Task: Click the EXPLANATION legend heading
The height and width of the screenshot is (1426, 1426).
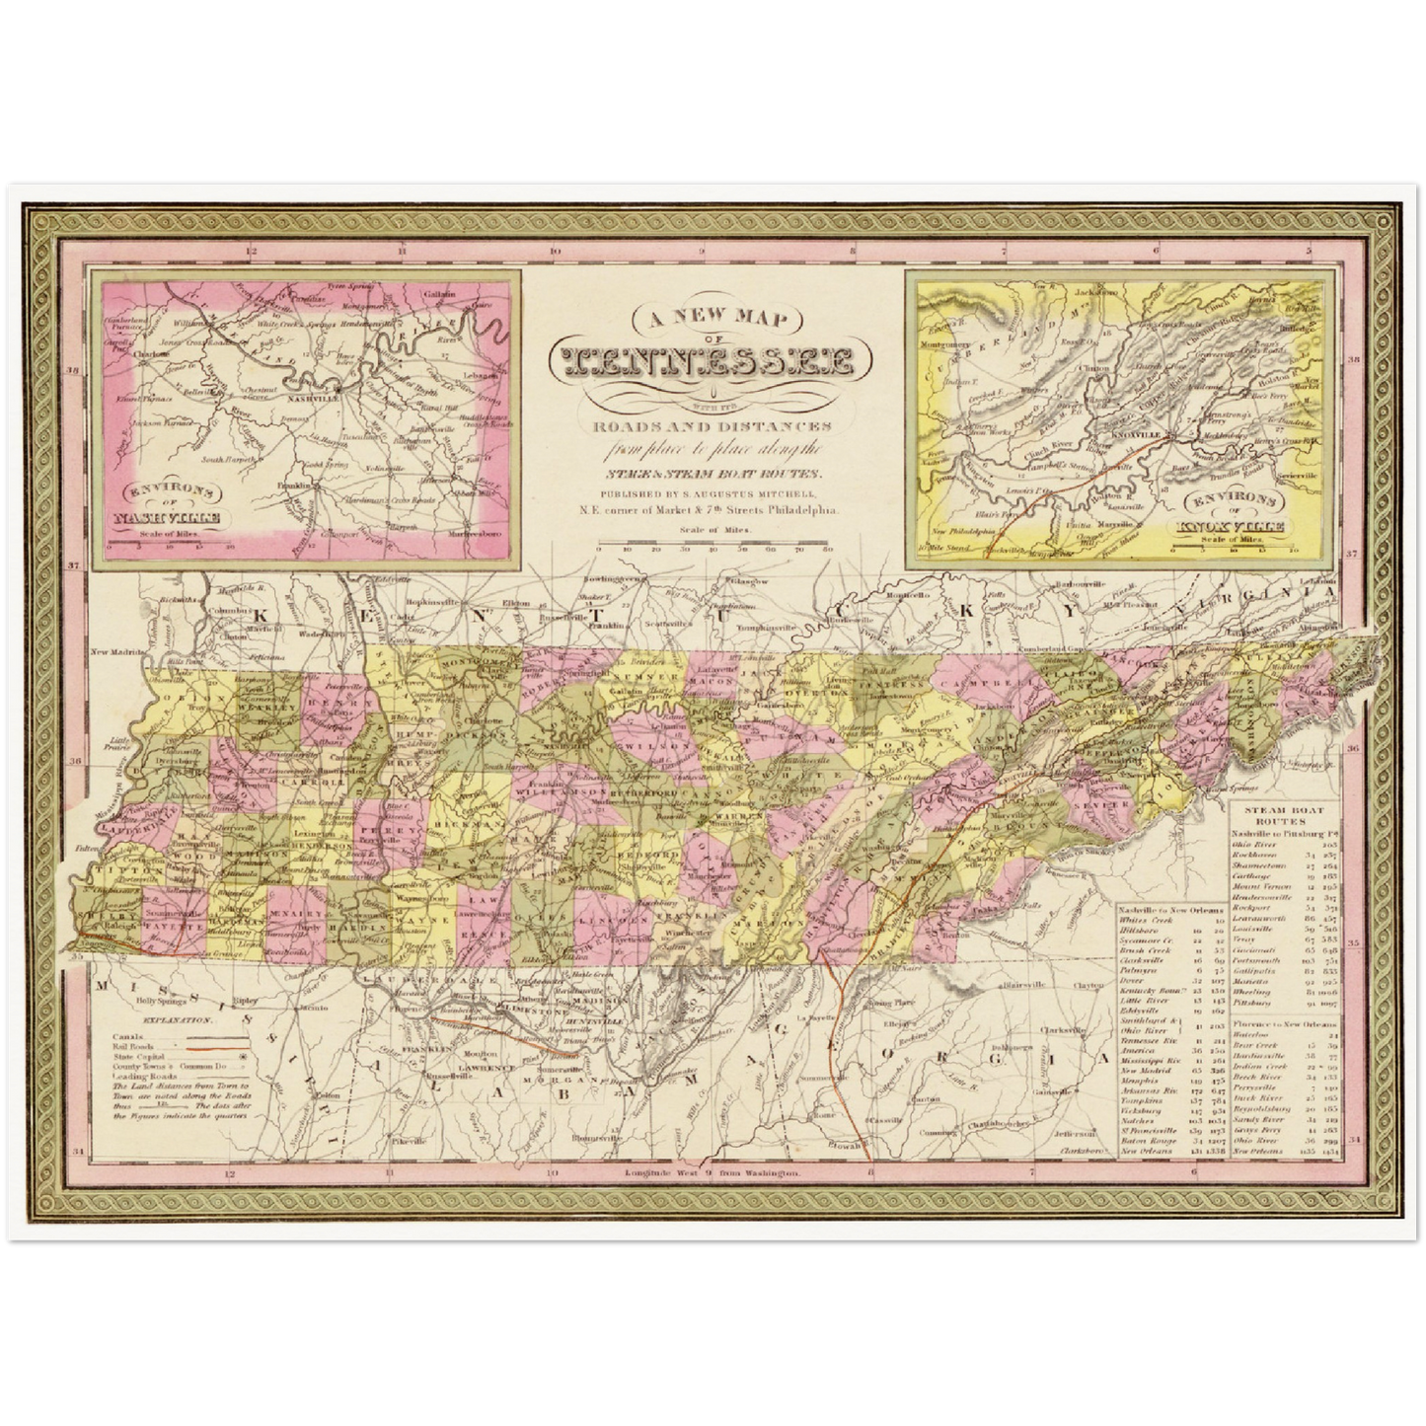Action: tap(176, 1019)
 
